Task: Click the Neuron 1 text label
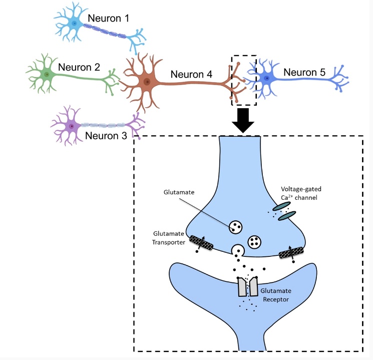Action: [x=108, y=19]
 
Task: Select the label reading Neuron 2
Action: [x=79, y=67]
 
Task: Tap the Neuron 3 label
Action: [x=106, y=135]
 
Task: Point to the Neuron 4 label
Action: [x=191, y=75]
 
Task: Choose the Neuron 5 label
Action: [x=304, y=72]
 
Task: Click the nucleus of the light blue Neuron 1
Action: [x=75, y=23]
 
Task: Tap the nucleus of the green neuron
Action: [x=47, y=75]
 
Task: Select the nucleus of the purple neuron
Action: [x=72, y=126]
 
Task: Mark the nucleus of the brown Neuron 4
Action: [x=147, y=82]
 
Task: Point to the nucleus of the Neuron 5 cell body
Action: [x=267, y=78]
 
